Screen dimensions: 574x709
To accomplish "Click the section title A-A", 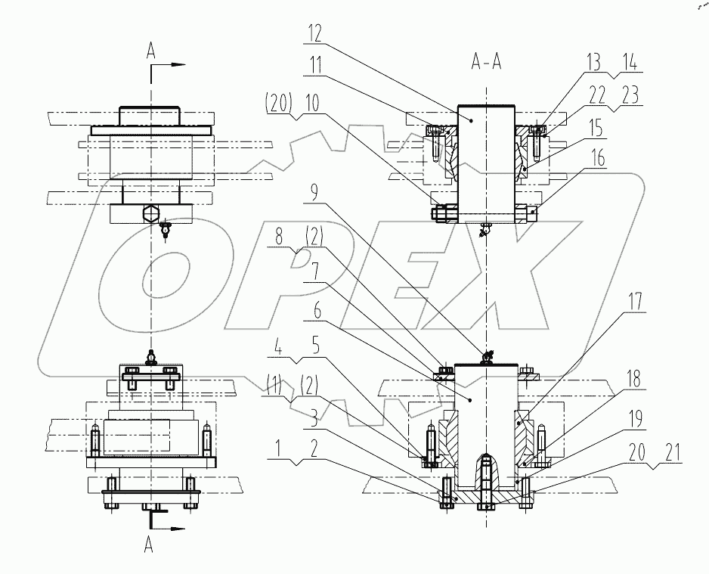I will [487, 63].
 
